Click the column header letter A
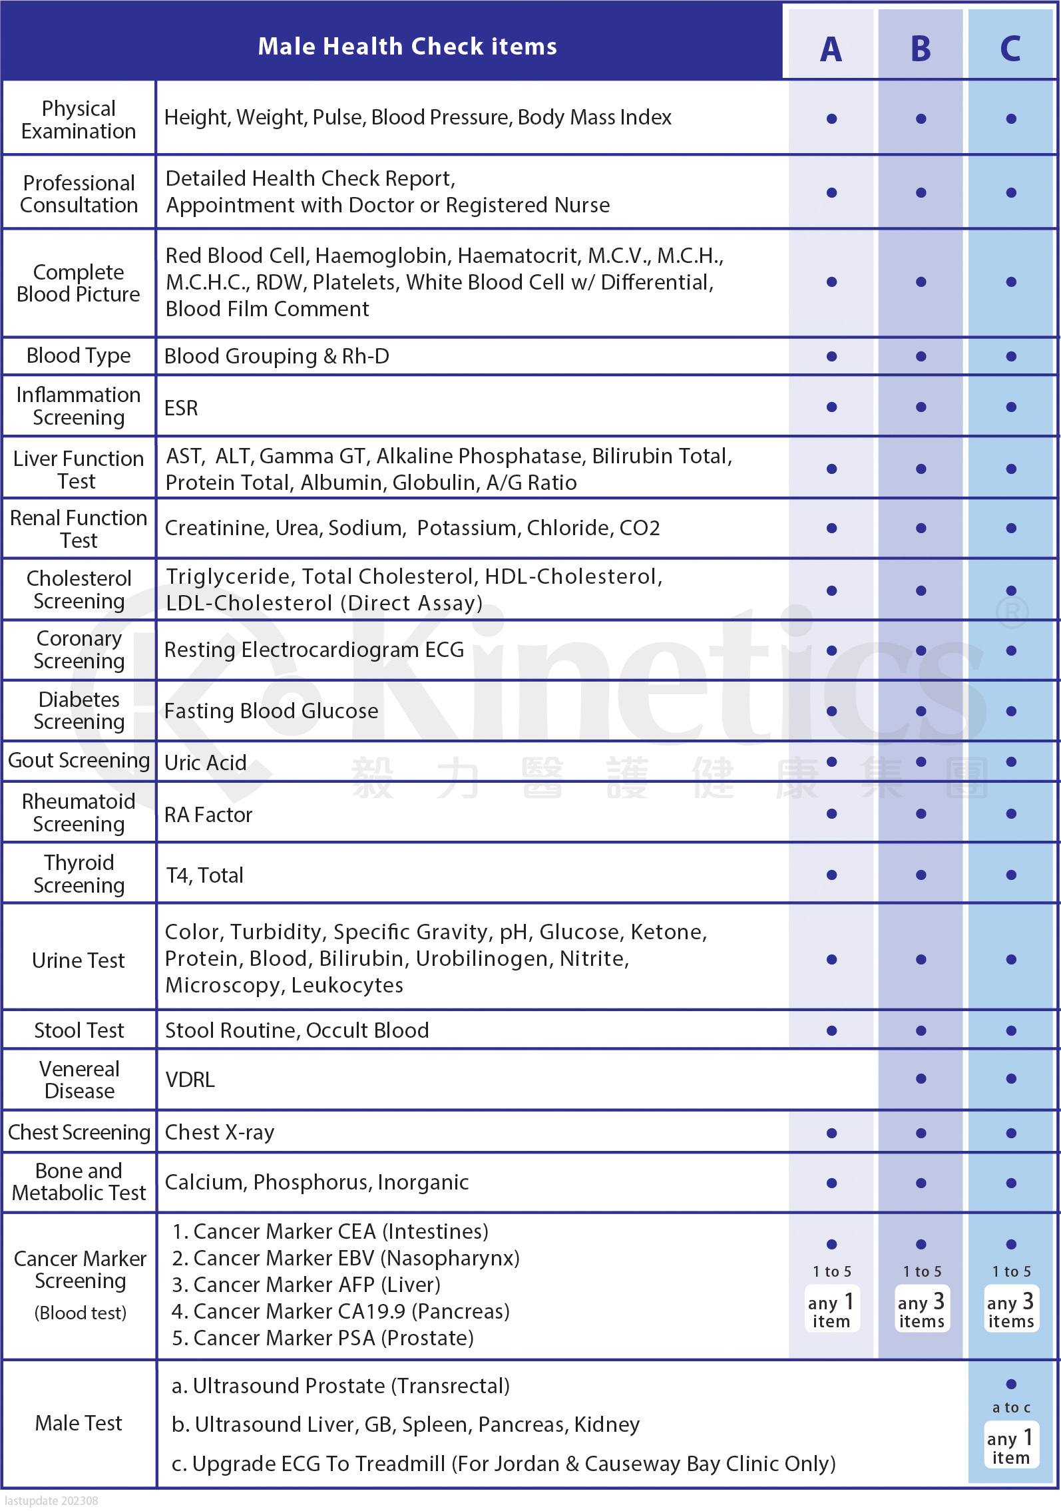(x=831, y=49)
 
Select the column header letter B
(x=921, y=49)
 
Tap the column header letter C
(x=1010, y=49)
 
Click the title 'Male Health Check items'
(x=407, y=46)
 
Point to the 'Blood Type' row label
(x=79, y=355)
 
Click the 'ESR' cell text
(x=181, y=407)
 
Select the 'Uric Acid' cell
(x=206, y=762)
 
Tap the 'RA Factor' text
(x=208, y=815)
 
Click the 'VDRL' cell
(x=190, y=1080)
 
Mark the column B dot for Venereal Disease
(x=921, y=1079)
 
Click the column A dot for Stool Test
(x=831, y=1030)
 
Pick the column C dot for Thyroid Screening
(x=1011, y=875)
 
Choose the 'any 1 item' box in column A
(x=831, y=1310)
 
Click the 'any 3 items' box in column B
(x=921, y=1310)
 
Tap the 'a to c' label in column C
(x=1011, y=1408)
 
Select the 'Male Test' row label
(x=79, y=1423)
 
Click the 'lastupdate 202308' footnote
(x=51, y=1501)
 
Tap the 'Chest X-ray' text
(x=220, y=1132)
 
